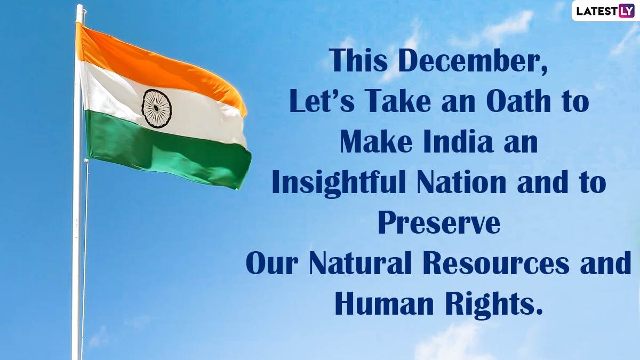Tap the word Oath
(518, 101)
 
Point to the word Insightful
(339, 183)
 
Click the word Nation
(461, 182)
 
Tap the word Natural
(360, 262)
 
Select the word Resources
(495, 262)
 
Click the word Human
(385, 303)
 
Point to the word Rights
(494, 305)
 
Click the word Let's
(322, 101)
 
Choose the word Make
(376, 141)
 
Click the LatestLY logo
(605, 11)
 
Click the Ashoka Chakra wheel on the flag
(156, 108)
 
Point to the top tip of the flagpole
(79, 5)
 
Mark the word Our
(271, 262)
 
